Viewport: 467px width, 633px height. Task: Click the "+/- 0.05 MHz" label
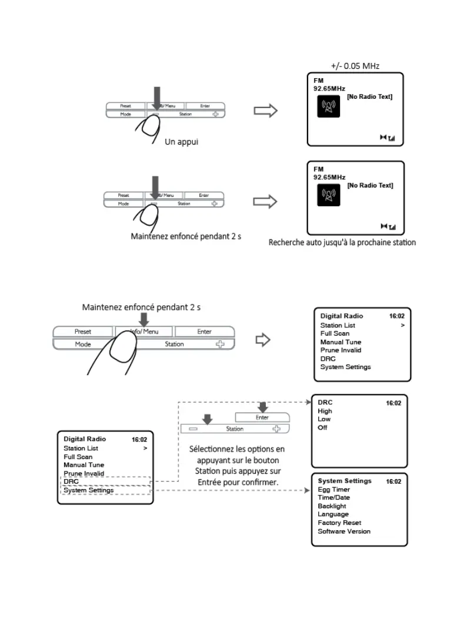coord(355,66)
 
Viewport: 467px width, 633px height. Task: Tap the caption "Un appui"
coord(182,142)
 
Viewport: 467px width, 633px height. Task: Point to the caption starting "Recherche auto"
coord(342,242)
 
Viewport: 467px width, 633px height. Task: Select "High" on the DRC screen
coord(325,411)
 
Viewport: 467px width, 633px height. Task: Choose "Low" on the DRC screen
coord(324,419)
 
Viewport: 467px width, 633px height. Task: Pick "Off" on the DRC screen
coord(322,427)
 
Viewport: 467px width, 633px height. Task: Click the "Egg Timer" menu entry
coord(333,489)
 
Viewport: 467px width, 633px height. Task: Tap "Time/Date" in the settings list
coord(333,497)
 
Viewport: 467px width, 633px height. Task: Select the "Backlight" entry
coord(332,506)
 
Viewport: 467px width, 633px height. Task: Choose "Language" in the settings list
coord(333,514)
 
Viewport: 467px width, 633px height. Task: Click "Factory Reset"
coord(339,523)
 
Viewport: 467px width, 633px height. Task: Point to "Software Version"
coord(344,531)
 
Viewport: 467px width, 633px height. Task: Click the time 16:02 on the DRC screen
coord(393,403)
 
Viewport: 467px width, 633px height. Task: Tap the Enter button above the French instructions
coord(262,417)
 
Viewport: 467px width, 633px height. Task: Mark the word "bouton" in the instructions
coord(266,460)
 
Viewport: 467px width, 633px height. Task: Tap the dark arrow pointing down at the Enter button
coord(263,407)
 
